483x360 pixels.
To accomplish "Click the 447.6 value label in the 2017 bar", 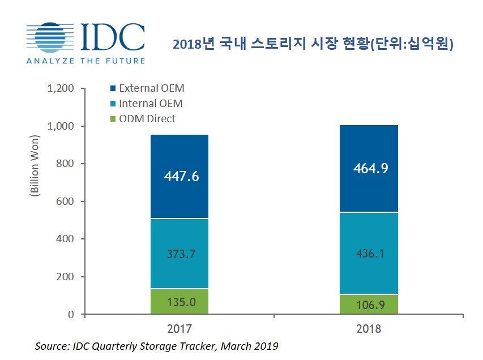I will pos(180,177).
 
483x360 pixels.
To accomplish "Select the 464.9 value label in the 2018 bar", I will pos(369,169).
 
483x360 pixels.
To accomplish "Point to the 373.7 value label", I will pos(180,254).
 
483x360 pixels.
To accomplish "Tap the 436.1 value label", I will pos(369,254).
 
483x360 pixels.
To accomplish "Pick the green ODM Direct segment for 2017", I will pos(180,301).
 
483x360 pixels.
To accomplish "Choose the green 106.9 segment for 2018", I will pos(369,305).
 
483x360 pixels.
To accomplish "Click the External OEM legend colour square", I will pos(113,88).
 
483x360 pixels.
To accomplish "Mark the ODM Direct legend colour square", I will pos(113,119).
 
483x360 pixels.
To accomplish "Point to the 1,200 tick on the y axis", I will pos(62,88).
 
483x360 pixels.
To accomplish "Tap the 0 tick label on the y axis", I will pos(72,314).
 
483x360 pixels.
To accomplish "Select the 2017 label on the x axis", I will pos(180,329).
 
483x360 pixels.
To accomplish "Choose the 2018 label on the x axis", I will pos(369,329).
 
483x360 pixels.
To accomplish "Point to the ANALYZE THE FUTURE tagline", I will pos(85,60).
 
